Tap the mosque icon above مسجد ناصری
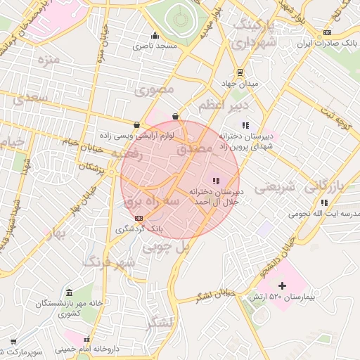(x=155, y=37)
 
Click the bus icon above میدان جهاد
(x=240, y=72)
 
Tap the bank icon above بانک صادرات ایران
(x=326, y=33)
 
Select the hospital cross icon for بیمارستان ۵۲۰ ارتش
(x=283, y=285)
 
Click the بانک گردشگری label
(x=139, y=229)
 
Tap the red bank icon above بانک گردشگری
(x=139, y=218)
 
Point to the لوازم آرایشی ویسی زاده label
(x=136, y=134)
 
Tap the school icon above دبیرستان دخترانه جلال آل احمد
(x=215, y=181)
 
